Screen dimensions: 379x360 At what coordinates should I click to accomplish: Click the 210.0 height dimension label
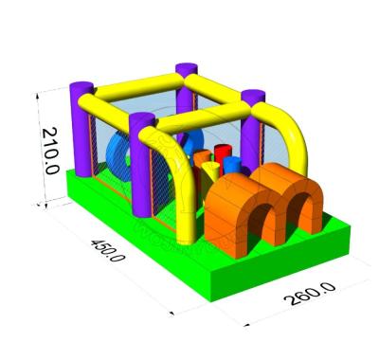(50, 151)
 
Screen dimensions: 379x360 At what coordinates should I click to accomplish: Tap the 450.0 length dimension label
(108, 250)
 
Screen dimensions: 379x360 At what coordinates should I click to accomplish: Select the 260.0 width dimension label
(310, 294)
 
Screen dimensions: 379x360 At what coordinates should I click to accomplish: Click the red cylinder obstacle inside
(223, 155)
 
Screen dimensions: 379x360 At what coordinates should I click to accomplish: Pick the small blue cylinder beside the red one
(232, 165)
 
